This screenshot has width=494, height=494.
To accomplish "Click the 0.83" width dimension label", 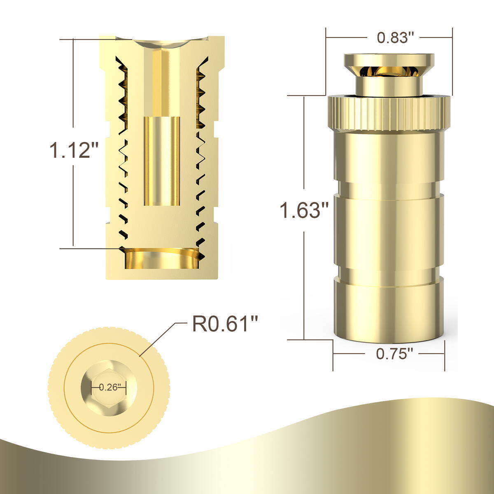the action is (x=392, y=38).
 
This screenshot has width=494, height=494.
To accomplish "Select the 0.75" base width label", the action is (x=392, y=354).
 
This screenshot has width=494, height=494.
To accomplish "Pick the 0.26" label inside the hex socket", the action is (x=108, y=387).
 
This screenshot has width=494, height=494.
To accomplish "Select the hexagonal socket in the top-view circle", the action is (x=109, y=387).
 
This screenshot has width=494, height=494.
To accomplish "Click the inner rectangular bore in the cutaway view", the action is (x=162, y=161).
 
